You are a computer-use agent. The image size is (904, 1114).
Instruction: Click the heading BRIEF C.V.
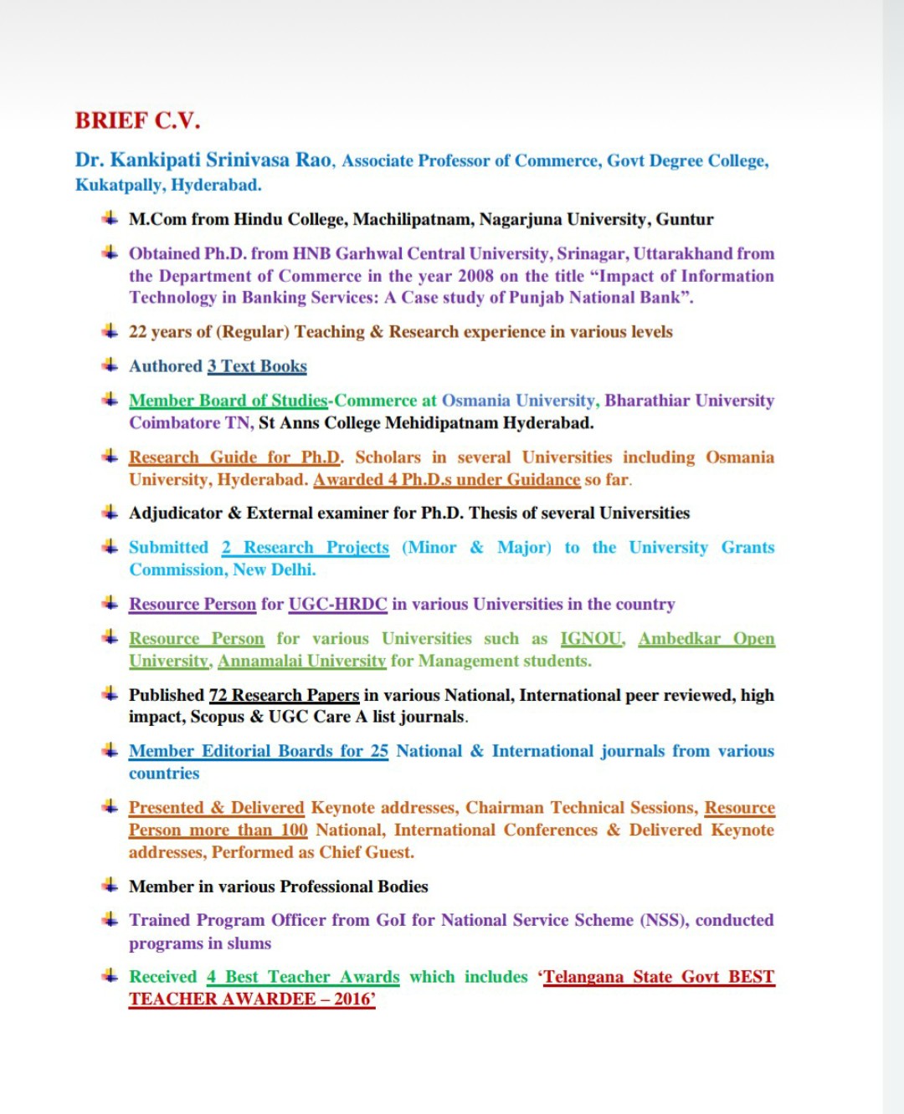(138, 120)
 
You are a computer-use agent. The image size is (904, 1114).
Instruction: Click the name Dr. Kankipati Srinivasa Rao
(203, 160)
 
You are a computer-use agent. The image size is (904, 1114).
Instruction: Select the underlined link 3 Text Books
(257, 366)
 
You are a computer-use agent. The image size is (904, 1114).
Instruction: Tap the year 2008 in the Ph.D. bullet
(475, 276)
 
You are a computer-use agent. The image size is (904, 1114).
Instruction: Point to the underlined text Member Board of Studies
(228, 401)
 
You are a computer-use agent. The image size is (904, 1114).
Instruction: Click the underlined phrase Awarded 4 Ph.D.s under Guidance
(446, 480)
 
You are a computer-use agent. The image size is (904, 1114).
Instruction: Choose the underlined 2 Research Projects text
(306, 548)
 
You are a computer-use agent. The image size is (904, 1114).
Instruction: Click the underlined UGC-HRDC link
(337, 604)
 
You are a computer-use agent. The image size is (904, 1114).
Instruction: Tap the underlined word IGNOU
(591, 639)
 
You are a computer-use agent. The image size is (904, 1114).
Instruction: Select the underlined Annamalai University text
(301, 662)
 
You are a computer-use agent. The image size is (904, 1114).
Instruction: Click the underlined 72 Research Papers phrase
(284, 695)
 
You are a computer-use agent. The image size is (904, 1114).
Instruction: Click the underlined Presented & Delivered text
(216, 808)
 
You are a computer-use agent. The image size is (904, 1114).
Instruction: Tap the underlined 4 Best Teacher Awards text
(303, 977)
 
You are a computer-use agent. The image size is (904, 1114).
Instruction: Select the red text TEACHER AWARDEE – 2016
(251, 999)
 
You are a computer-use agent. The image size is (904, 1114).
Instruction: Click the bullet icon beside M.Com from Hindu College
(110, 218)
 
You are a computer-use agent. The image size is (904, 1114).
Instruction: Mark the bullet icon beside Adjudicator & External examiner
(110, 512)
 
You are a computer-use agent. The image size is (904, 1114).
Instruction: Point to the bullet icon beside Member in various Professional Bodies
(110, 885)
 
